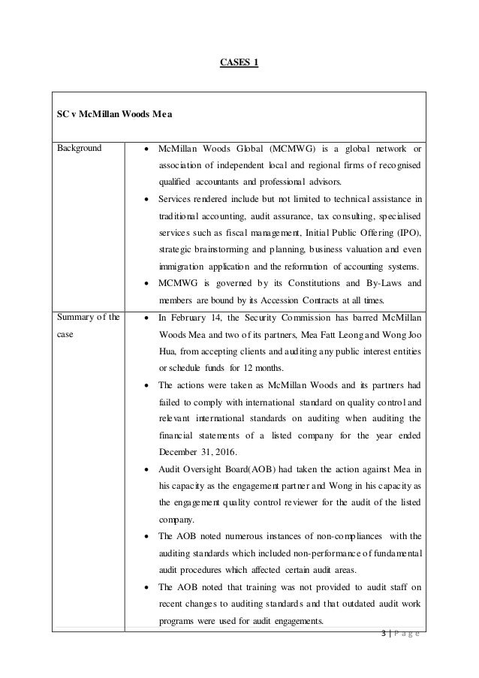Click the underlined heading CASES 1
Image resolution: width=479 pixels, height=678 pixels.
point(239,62)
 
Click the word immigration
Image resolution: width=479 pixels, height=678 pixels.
point(182,266)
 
